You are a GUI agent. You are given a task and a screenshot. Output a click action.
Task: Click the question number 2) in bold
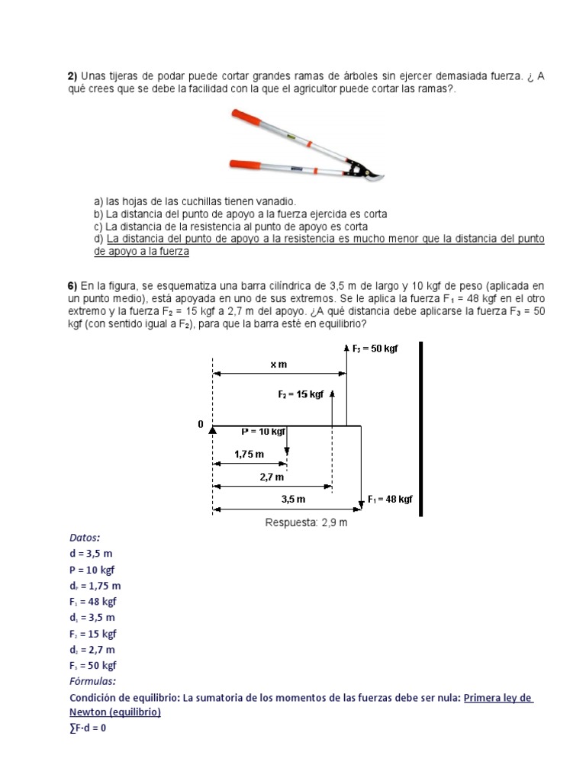click(x=73, y=76)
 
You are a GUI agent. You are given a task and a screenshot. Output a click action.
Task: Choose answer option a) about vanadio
click(x=195, y=201)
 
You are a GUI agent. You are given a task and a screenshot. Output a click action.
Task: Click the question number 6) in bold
click(x=73, y=286)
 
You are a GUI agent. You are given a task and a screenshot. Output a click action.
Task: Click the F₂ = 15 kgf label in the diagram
click(x=301, y=394)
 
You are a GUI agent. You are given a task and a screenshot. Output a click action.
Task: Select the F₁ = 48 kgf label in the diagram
click(x=390, y=499)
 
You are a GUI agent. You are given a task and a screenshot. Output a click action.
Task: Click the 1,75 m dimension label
click(x=249, y=454)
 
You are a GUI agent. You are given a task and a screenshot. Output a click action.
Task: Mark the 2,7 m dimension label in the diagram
click(x=272, y=477)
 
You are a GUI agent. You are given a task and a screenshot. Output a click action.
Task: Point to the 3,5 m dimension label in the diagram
click(x=293, y=500)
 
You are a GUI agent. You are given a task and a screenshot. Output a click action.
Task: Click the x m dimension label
click(x=279, y=365)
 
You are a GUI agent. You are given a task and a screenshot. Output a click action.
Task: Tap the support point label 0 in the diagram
click(x=201, y=424)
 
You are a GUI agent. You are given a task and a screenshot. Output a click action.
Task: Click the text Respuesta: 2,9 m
click(x=306, y=522)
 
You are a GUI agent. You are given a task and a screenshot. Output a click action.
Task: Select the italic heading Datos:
click(x=84, y=538)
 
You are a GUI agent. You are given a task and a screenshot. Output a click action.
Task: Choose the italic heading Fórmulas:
click(x=92, y=681)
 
